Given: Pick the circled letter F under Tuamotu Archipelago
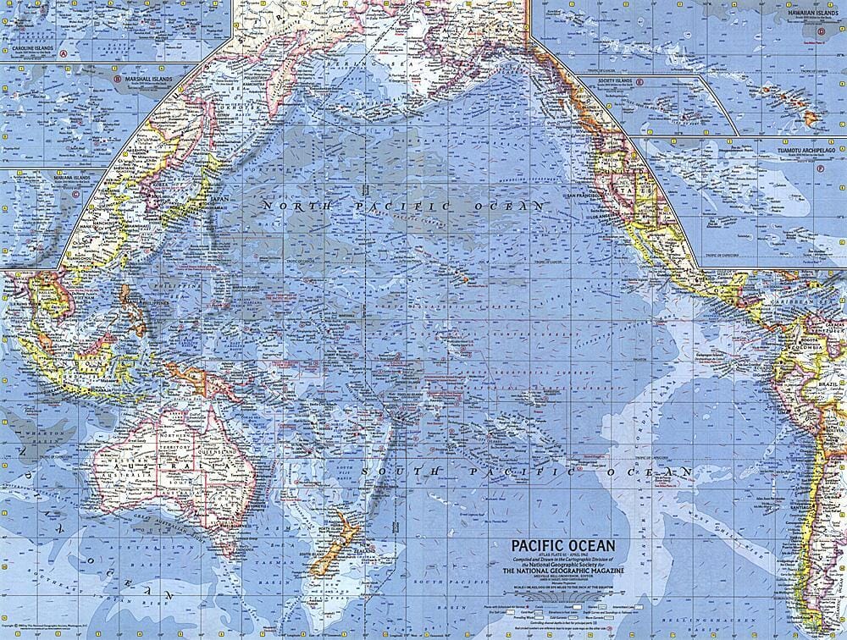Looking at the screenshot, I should click(820, 168).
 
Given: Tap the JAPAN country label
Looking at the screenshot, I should click(219, 199).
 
